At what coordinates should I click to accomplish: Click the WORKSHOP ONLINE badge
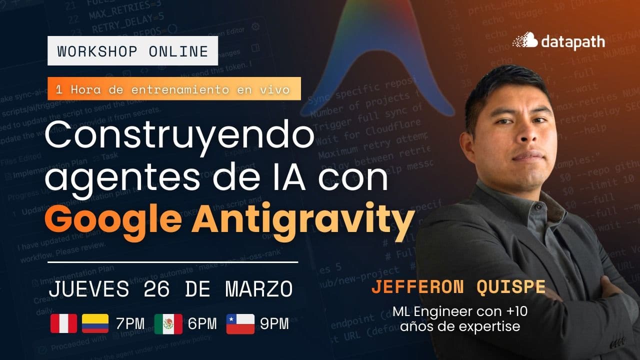click(x=132, y=51)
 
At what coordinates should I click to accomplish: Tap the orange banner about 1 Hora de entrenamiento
click(x=174, y=89)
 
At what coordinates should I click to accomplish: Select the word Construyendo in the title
click(x=180, y=136)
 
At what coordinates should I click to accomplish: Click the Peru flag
click(x=63, y=323)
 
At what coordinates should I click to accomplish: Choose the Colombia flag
click(x=95, y=323)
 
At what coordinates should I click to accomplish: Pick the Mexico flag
click(x=168, y=323)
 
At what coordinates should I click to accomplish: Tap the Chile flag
click(x=240, y=323)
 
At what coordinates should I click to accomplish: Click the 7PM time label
click(x=130, y=324)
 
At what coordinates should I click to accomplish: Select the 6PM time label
click(x=202, y=324)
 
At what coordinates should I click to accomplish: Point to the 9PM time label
click(x=274, y=324)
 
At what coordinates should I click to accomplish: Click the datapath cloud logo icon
click(x=525, y=40)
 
